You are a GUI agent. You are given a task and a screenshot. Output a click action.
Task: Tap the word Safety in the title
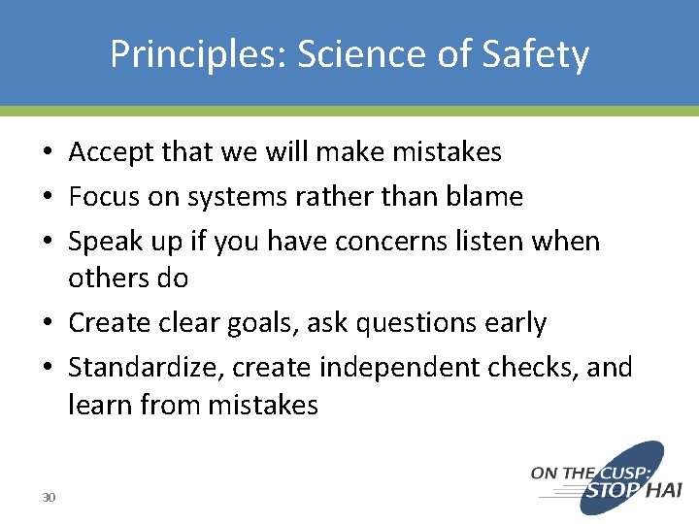pyautogui.click(x=538, y=55)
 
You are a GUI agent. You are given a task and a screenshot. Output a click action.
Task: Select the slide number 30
pyautogui.click(x=49, y=498)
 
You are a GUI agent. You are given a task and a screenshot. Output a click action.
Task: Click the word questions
pyautogui.click(x=424, y=323)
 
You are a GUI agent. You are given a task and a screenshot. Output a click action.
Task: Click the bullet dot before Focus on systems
pyautogui.click(x=49, y=198)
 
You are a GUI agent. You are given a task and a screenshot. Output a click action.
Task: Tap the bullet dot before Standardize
pyautogui.click(x=49, y=369)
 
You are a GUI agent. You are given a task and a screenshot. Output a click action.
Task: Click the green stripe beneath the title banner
pyautogui.click(x=349, y=112)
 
